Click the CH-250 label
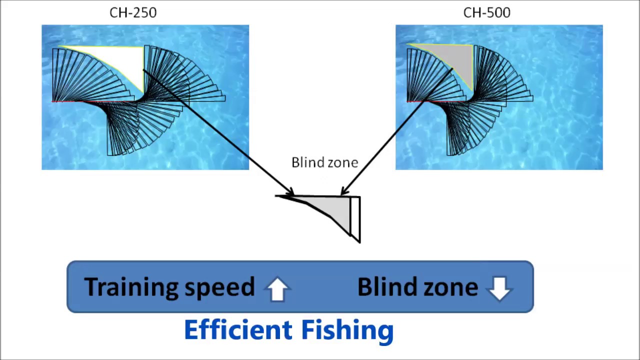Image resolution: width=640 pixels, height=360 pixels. (x=133, y=12)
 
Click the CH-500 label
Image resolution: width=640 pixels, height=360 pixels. (x=486, y=12)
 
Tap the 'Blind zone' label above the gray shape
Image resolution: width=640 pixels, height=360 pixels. (x=324, y=162)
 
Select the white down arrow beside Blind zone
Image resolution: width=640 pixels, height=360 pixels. (x=499, y=288)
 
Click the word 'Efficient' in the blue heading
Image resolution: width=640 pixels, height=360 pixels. (x=238, y=330)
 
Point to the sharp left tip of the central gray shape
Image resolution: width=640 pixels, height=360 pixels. (x=277, y=196)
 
